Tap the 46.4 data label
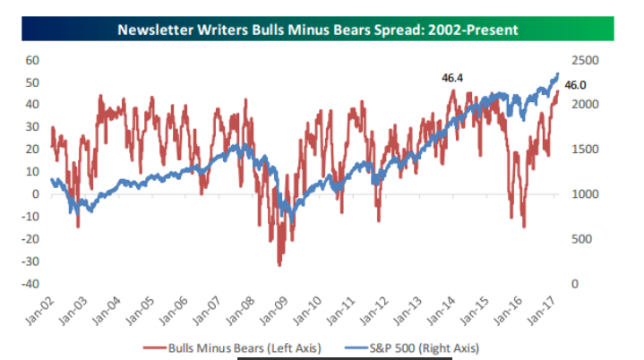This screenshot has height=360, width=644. [453, 79]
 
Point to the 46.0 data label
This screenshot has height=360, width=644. [575, 85]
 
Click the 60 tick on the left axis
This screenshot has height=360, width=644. [33, 60]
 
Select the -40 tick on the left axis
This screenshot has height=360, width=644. [30, 284]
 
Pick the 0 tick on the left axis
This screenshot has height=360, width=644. [37, 194]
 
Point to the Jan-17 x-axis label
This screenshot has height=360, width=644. [545, 309]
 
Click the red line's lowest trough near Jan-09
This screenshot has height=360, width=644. [279, 265]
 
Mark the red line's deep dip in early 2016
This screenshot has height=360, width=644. [524, 227]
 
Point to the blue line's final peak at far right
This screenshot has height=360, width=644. [558, 73]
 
